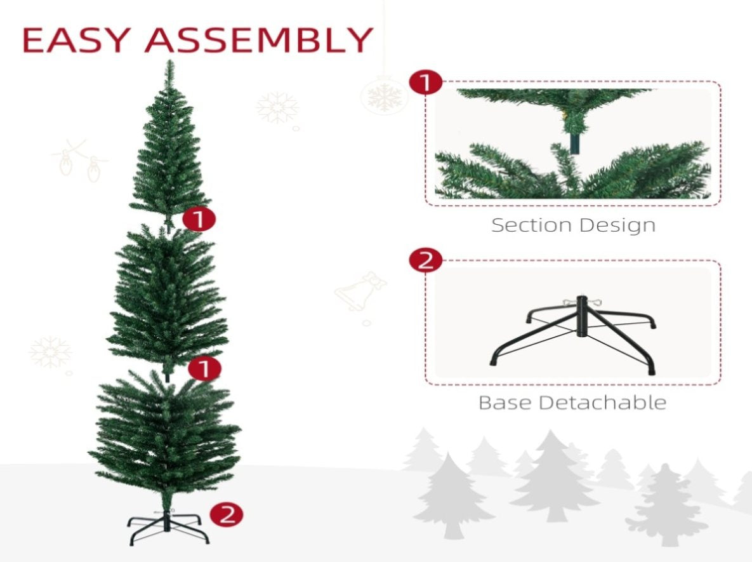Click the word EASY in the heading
tap(76, 40)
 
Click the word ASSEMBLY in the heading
tap(259, 40)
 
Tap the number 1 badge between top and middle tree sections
tap(199, 219)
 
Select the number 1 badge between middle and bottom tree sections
tap(205, 368)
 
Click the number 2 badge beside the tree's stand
tap(227, 514)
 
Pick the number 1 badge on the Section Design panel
tap(426, 83)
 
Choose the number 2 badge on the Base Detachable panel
tap(426, 260)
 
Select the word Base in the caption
tap(505, 403)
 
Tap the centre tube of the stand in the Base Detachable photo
tap(582, 317)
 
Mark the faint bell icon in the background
tap(360, 290)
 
